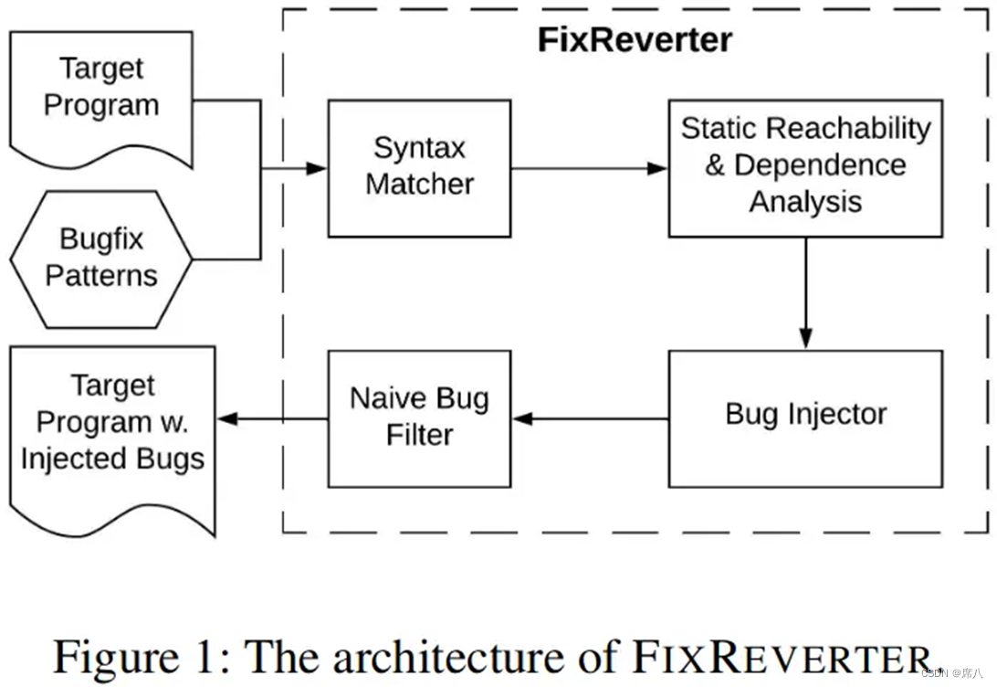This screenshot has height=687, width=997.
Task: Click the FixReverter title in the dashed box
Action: click(x=634, y=40)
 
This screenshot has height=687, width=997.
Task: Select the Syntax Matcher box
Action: click(x=419, y=168)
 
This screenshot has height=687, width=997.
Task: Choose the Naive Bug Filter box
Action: click(x=419, y=417)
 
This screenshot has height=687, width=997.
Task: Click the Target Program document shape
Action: click(x=100, y=91)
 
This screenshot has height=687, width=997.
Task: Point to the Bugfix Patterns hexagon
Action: click(x=100, y=259)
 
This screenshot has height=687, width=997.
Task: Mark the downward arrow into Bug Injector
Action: click(x=805, y=292)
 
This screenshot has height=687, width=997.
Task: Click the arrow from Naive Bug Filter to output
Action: click(x=274, y=418)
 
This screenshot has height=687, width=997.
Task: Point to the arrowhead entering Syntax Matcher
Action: click(x=316, y=168)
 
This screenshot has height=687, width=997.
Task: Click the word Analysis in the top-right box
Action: click(x=805, y=202)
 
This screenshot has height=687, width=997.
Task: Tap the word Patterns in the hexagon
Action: click(x=101, y=275)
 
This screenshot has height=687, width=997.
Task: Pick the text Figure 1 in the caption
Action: click(x=137, y=656)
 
